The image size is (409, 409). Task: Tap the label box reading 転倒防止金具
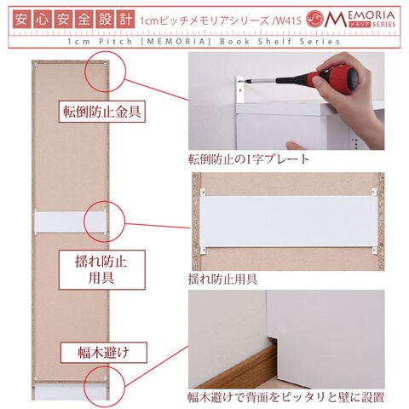coord(102,112)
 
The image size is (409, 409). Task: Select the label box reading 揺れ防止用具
coord(102,270)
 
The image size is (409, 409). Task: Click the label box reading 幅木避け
coord(104,353)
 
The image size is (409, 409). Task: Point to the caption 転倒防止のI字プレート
coord(249,159)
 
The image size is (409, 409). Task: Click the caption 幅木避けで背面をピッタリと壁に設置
coord(286,397)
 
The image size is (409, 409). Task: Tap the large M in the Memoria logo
coord(335,20)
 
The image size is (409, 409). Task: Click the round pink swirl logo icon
coord(315,19)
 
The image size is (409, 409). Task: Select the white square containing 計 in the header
coord(125,20)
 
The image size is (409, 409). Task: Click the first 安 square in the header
coord(21,20)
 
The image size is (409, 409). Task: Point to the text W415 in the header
coord(288,20)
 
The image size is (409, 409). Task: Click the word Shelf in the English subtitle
coord(274,42)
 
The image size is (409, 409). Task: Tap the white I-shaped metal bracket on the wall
coord(239,89)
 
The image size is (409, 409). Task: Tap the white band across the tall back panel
coord(70,222)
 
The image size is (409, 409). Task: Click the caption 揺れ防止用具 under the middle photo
coord(222,279)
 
